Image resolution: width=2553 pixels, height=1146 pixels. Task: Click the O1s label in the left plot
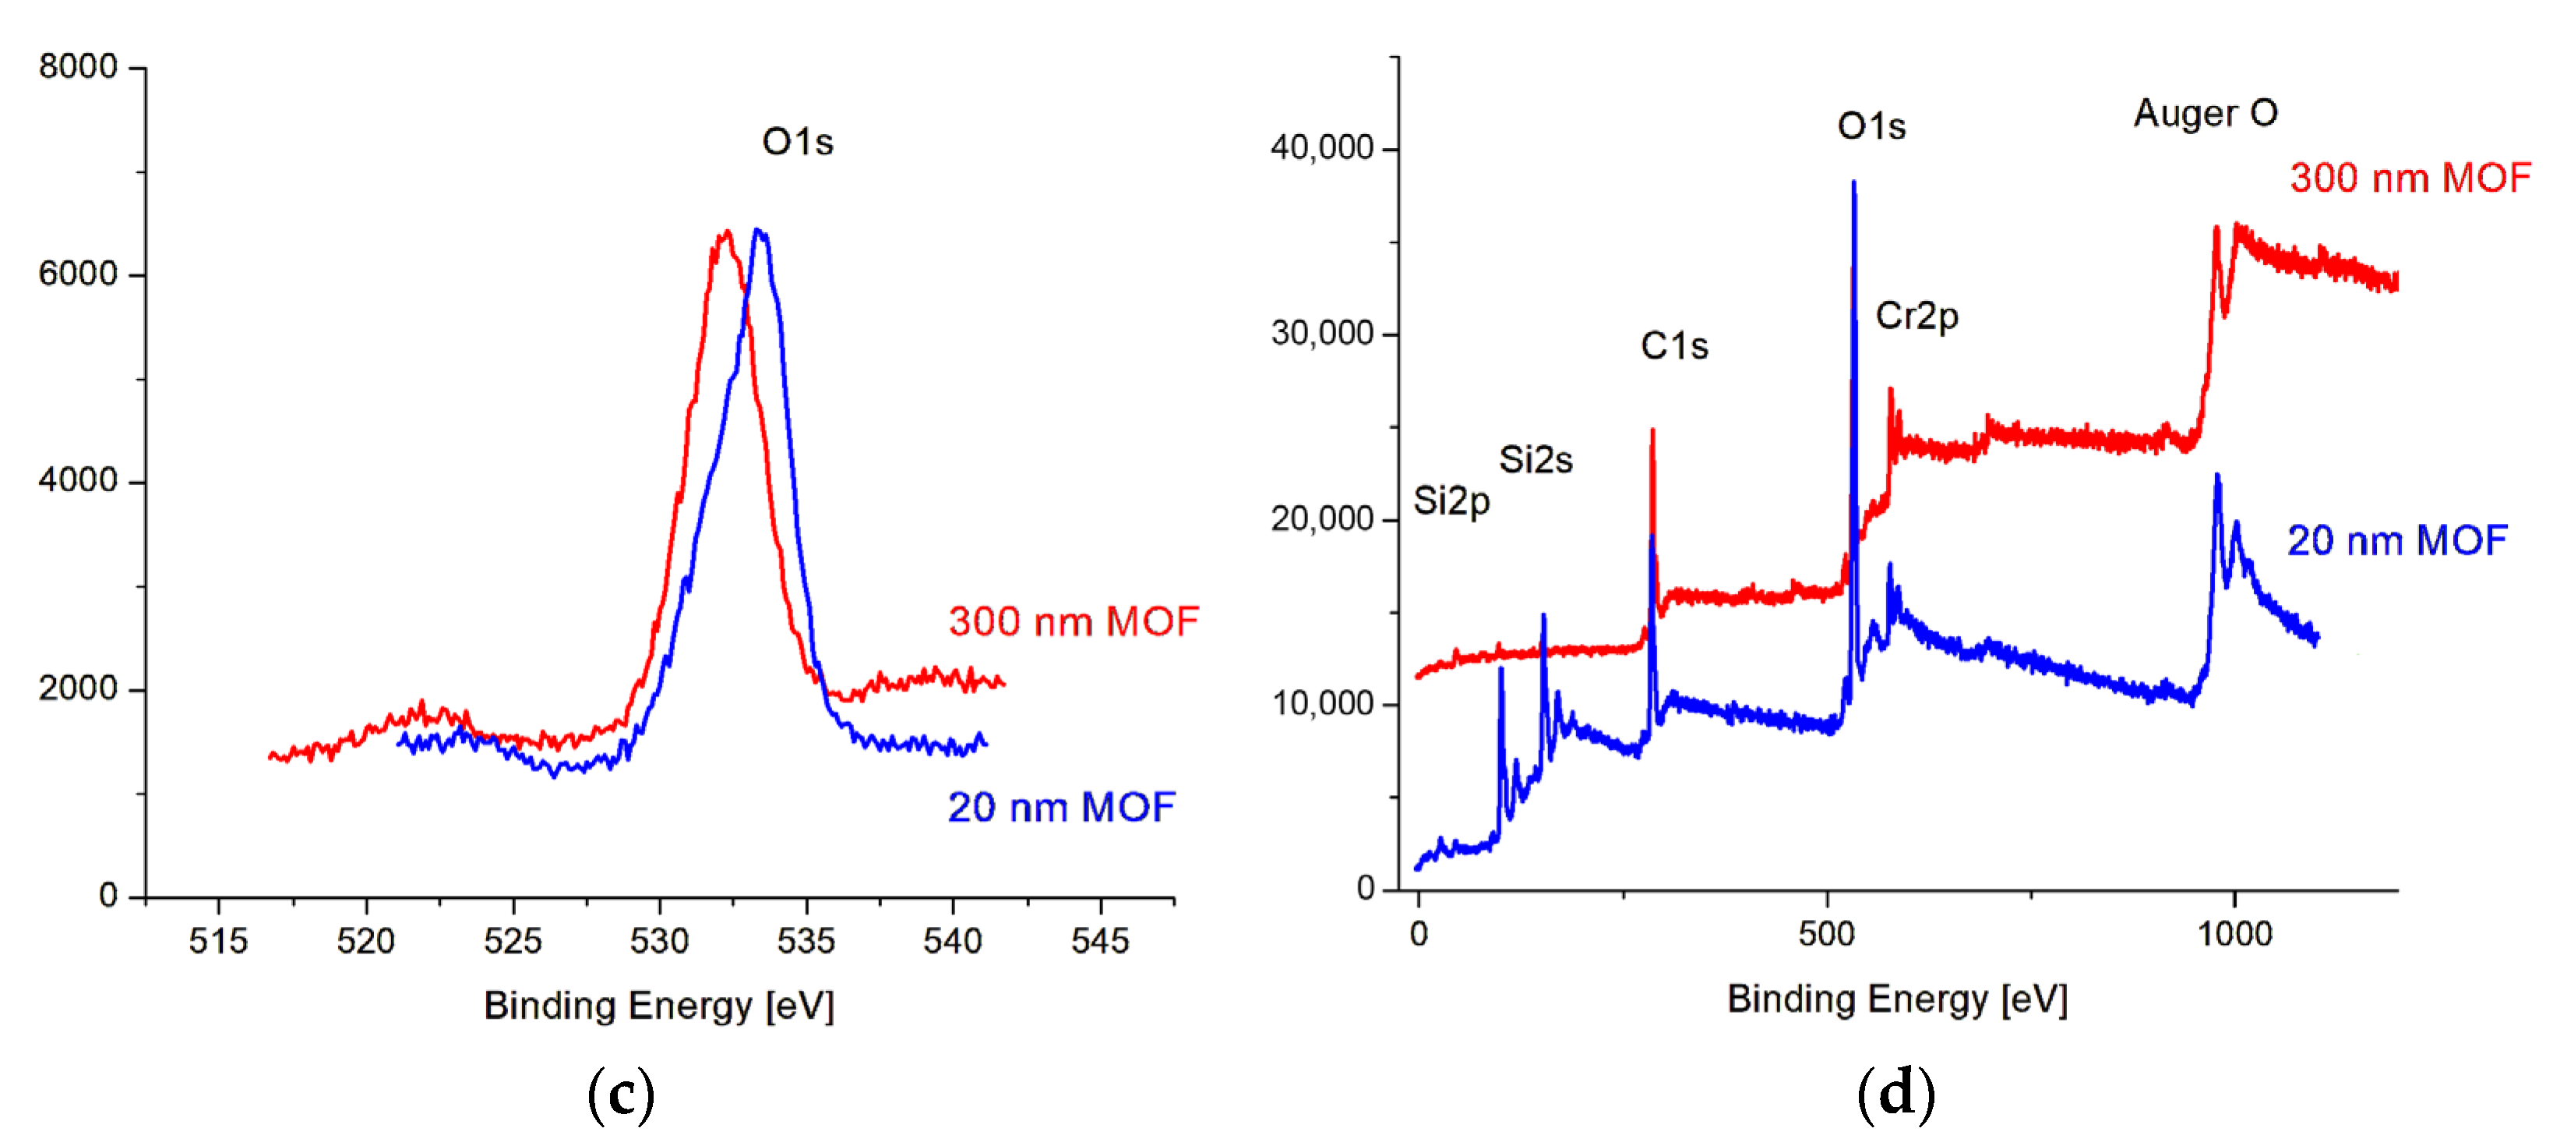(798, 142)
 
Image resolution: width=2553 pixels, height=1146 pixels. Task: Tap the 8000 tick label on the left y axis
(78, 66)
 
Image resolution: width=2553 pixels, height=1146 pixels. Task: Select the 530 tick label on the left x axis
(659, 940)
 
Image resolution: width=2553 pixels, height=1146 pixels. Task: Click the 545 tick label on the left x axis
(1099, 940)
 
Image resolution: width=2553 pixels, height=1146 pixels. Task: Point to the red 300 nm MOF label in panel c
(1074, 621)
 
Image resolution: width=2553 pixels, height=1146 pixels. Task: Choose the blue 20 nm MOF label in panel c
(1060, 807)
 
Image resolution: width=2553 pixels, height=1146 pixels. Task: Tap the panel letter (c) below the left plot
(622, 1094)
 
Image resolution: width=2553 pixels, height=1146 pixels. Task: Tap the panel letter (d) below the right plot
(1895, 1094)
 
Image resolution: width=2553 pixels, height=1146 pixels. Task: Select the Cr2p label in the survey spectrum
(1917, 317)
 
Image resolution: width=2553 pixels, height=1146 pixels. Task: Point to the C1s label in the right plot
(1674, 346)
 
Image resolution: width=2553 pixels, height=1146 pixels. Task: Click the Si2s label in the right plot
(1536, 460)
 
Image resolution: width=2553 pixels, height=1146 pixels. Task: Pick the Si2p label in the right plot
(1451, 501)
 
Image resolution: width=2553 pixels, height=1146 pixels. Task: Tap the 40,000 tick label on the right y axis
(1322, 147)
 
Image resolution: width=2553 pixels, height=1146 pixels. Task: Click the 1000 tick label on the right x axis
(2234, 934)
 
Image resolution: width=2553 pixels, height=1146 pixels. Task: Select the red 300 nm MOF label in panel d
(2410, 179)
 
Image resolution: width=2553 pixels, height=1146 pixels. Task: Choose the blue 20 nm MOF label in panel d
(2396, 541)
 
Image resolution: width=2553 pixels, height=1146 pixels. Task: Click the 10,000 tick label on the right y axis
(1322, 703)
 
